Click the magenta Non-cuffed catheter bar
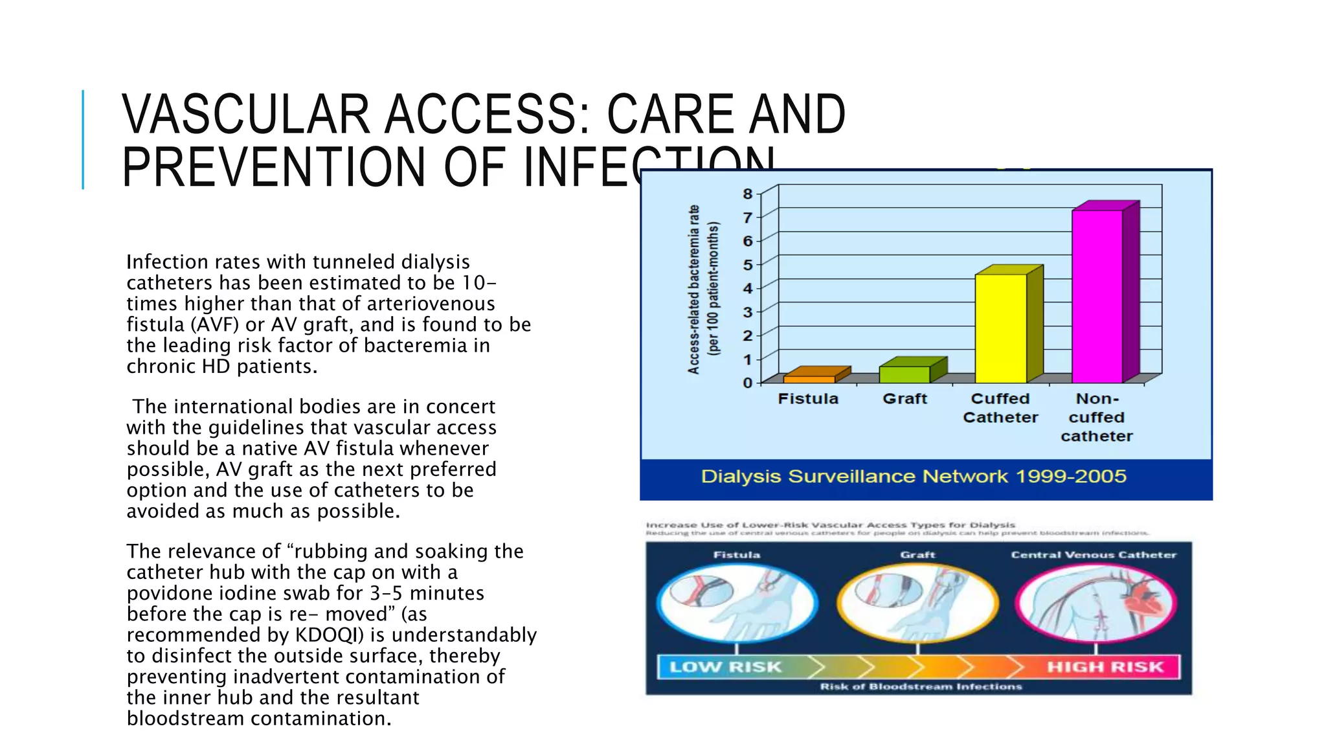(1097, 297)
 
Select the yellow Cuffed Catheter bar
(1000, 328)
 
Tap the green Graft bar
(905, 374)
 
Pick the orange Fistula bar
(809, 379)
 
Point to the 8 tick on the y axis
(748, 194)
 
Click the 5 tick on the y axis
(748, 265)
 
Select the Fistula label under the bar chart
(808, 399)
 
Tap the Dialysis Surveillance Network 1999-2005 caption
(914, 477)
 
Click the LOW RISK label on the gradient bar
(725, 667)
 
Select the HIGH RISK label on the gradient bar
(1105, 667)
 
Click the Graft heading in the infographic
(917, 555)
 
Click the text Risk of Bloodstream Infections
(921, 686)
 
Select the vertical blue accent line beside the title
(83, 139)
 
